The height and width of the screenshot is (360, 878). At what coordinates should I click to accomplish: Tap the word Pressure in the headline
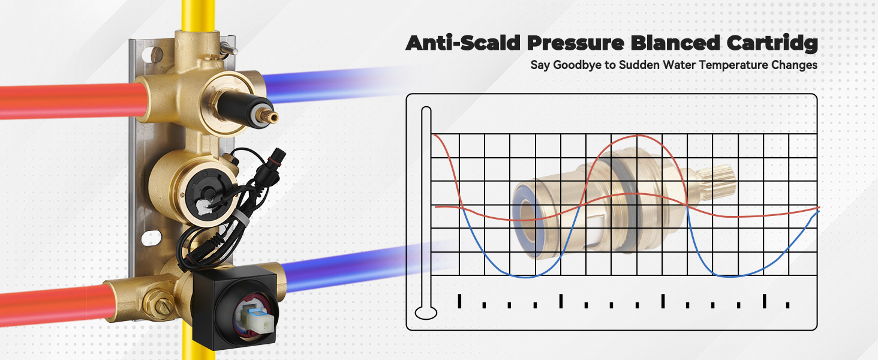(576, 43)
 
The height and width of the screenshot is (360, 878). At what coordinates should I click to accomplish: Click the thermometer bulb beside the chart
(426, 313)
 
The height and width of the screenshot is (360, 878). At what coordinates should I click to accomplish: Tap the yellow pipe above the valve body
(199, 16)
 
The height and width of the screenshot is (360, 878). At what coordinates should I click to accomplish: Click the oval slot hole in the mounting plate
(151, 238)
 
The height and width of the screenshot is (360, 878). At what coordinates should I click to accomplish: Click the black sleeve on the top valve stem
(242, 107)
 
